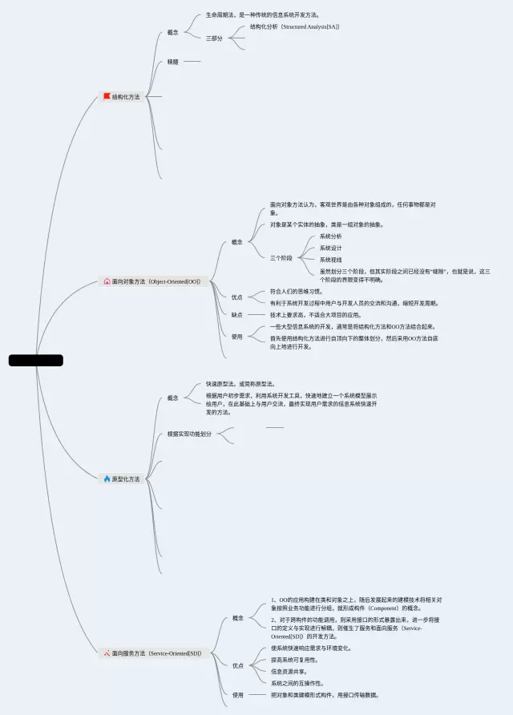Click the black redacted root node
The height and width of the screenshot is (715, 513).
(35, 361)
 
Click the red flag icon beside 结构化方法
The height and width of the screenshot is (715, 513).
(107, 97)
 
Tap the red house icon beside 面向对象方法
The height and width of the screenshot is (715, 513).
(107, 281)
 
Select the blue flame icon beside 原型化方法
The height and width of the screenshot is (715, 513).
(107, 479)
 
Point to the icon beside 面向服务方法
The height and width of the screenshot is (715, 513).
(107, 653)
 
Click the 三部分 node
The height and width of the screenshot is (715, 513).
(214, 38)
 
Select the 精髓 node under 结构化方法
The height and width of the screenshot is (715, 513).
(173, 62)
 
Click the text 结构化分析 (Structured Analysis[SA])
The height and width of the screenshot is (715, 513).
(294, 26)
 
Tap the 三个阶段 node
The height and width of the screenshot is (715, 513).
(281, 258)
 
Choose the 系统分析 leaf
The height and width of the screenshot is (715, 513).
(330, 236)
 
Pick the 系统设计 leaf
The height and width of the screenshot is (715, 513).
(330, 248)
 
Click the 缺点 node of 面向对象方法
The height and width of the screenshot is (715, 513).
(237, 315)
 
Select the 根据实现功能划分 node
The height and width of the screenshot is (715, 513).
(189, 434)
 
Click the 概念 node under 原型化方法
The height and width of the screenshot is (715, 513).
(173, 398)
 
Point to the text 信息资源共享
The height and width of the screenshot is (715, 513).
(289, 671)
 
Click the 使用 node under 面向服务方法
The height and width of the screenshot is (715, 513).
(238, 695)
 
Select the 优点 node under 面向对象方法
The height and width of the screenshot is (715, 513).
(237, 297)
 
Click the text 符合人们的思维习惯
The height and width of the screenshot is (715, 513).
(296, 292)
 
